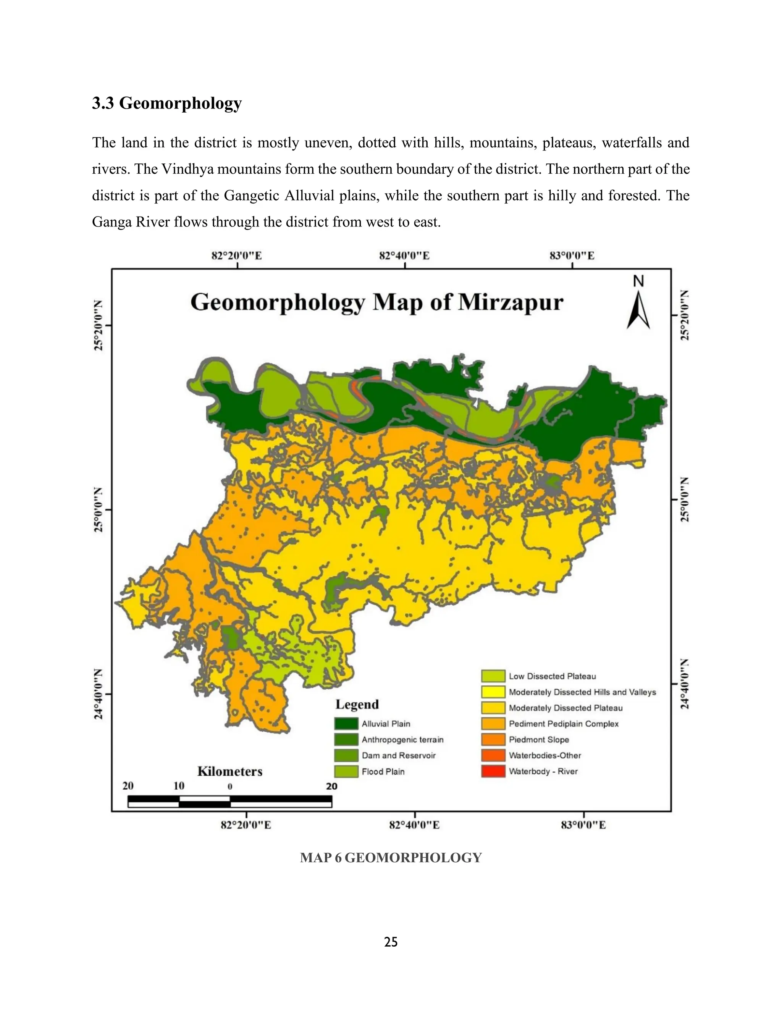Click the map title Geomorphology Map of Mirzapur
pos(376,302)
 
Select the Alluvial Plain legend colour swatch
pos(346,724)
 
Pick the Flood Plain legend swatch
pos(346,771)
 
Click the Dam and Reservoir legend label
pos(398,756)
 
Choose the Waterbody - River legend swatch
pos(493,771)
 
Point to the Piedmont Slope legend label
pos(538,740)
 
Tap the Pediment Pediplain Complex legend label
pos(563,724)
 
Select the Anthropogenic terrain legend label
pos(402,740)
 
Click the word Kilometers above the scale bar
pos(230,771)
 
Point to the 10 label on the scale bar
pos(179,786)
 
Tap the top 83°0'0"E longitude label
pos(572,256)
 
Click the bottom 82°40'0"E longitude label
pos(414,825)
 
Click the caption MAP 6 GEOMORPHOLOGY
pos(391,858)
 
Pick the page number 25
pos(391,942)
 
